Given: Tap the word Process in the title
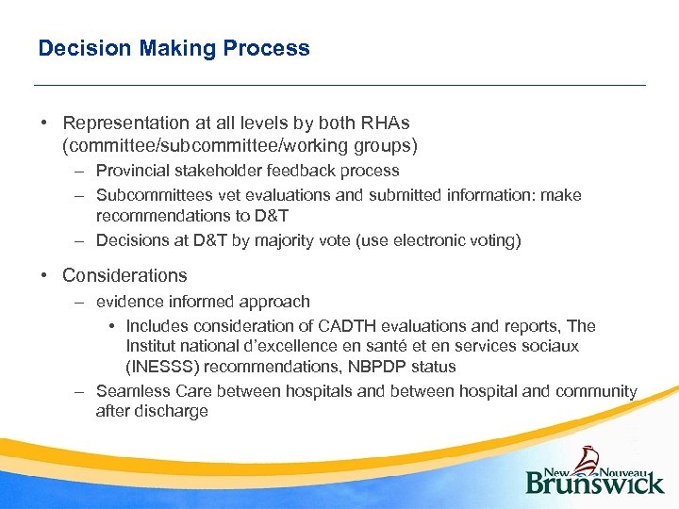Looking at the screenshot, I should (273, 48).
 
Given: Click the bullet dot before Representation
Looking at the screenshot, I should (44, 123).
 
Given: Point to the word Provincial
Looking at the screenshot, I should (135, 171).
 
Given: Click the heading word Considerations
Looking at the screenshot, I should (124, 275).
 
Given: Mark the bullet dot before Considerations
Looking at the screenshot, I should (44, 276).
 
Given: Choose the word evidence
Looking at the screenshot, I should (128, 302).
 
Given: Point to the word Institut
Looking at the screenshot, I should (153, 346).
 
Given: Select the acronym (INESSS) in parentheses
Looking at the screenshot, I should (162, 366).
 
